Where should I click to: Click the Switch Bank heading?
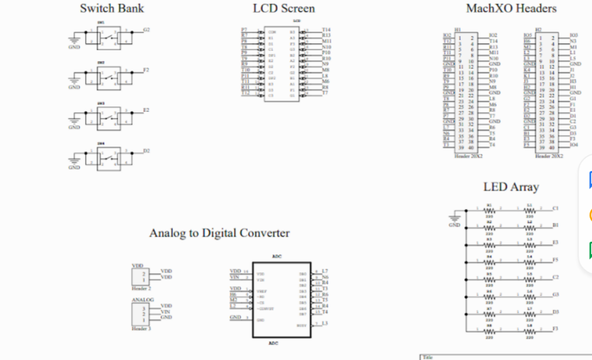(x=112, y=9)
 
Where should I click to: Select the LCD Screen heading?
(x=283, y=9)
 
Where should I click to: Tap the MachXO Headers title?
(x=511, y=9)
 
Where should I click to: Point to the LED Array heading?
(x=511, y=187)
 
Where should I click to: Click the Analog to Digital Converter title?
(x=219, y=233)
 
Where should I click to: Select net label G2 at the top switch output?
(x=146, y=30)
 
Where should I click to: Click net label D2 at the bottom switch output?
(x=146, y=150)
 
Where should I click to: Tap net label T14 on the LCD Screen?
(x=326, y=30)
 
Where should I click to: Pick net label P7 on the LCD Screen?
(x=244, y=30)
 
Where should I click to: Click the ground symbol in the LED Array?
(x=454, y=219)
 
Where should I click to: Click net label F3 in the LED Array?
(x=555, y=329)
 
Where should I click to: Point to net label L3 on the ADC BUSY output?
(x=325, y=323)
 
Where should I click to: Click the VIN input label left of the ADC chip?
(x=235, y=277)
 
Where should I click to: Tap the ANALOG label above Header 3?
(x=142, y=300)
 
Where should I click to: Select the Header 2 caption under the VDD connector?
(x=141, y=289)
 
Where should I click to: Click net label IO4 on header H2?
(x=574, y=145)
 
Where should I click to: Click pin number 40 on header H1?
(x=471, y=148)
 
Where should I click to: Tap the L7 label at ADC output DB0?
(x=325, y=271)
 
